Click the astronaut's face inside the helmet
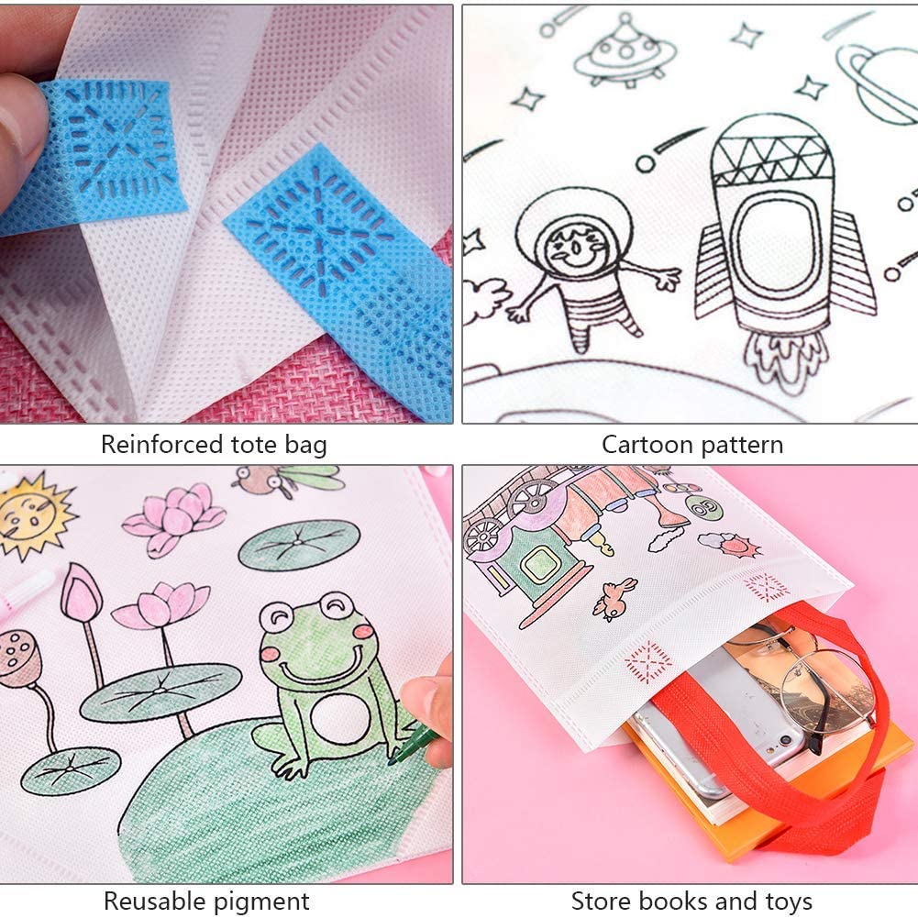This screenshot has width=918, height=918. pyautogui.click(x=576, y=245)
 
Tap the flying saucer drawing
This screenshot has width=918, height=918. pyautogui.click(x=625, y=54)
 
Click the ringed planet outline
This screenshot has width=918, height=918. pyautogui.click(x=879, y=85)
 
